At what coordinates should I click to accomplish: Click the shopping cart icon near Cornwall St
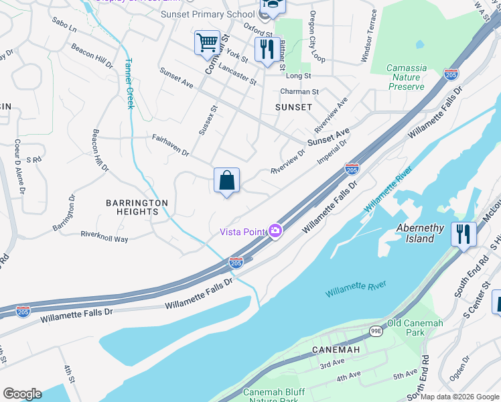[207, 43]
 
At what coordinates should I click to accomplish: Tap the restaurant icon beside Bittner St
[267, 49]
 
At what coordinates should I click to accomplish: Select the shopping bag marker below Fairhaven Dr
[226, 180]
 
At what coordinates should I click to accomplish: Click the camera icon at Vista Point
[275, 231]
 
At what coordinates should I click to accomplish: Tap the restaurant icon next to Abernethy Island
[463, 234]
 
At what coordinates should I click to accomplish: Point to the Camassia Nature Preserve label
[407, 77]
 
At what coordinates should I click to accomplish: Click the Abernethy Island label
[419, 233]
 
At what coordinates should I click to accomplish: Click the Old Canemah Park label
[416, 328]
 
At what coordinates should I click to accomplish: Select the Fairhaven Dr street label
[170, 145]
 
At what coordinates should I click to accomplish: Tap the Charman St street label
[299, 92]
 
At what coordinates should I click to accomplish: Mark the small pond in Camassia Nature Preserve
[419, 45]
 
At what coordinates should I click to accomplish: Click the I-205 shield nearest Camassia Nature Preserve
[451, 74]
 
